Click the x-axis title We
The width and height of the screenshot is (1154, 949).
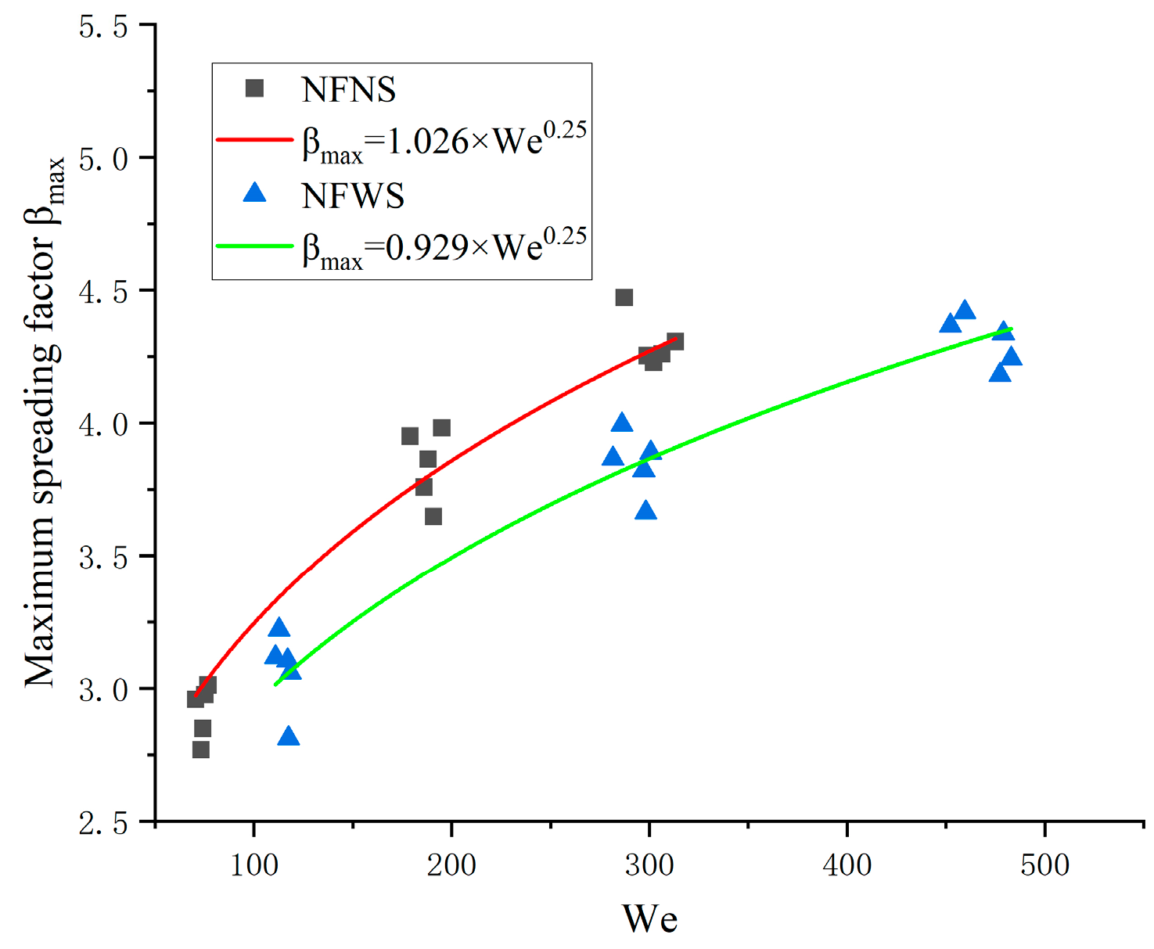(649, 918)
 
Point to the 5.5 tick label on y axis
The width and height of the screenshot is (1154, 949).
(103, 27)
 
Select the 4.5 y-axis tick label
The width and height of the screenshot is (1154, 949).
(103, 292)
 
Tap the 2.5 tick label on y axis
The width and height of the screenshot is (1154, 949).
(103, 823)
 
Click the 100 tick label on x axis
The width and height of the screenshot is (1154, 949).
(254, 865)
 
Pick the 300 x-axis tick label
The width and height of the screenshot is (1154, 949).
(649, 865)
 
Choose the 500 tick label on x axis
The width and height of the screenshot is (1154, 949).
(1044, 865)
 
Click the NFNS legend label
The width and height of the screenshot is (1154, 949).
(349, 90)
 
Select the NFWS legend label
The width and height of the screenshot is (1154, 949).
(353, 196)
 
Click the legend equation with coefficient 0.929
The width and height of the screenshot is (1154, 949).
(444, 247)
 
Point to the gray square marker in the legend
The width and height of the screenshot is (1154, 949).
(254, 88)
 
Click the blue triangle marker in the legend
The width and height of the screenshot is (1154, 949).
(254, 193)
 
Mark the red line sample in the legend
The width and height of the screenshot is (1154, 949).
(254, 140)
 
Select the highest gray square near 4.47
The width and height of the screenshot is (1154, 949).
(624, 297)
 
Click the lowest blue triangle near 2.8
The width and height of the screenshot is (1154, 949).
(289, 737)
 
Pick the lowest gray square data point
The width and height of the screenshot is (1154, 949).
(200, 749)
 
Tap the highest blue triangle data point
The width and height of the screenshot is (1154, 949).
(965, 311)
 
